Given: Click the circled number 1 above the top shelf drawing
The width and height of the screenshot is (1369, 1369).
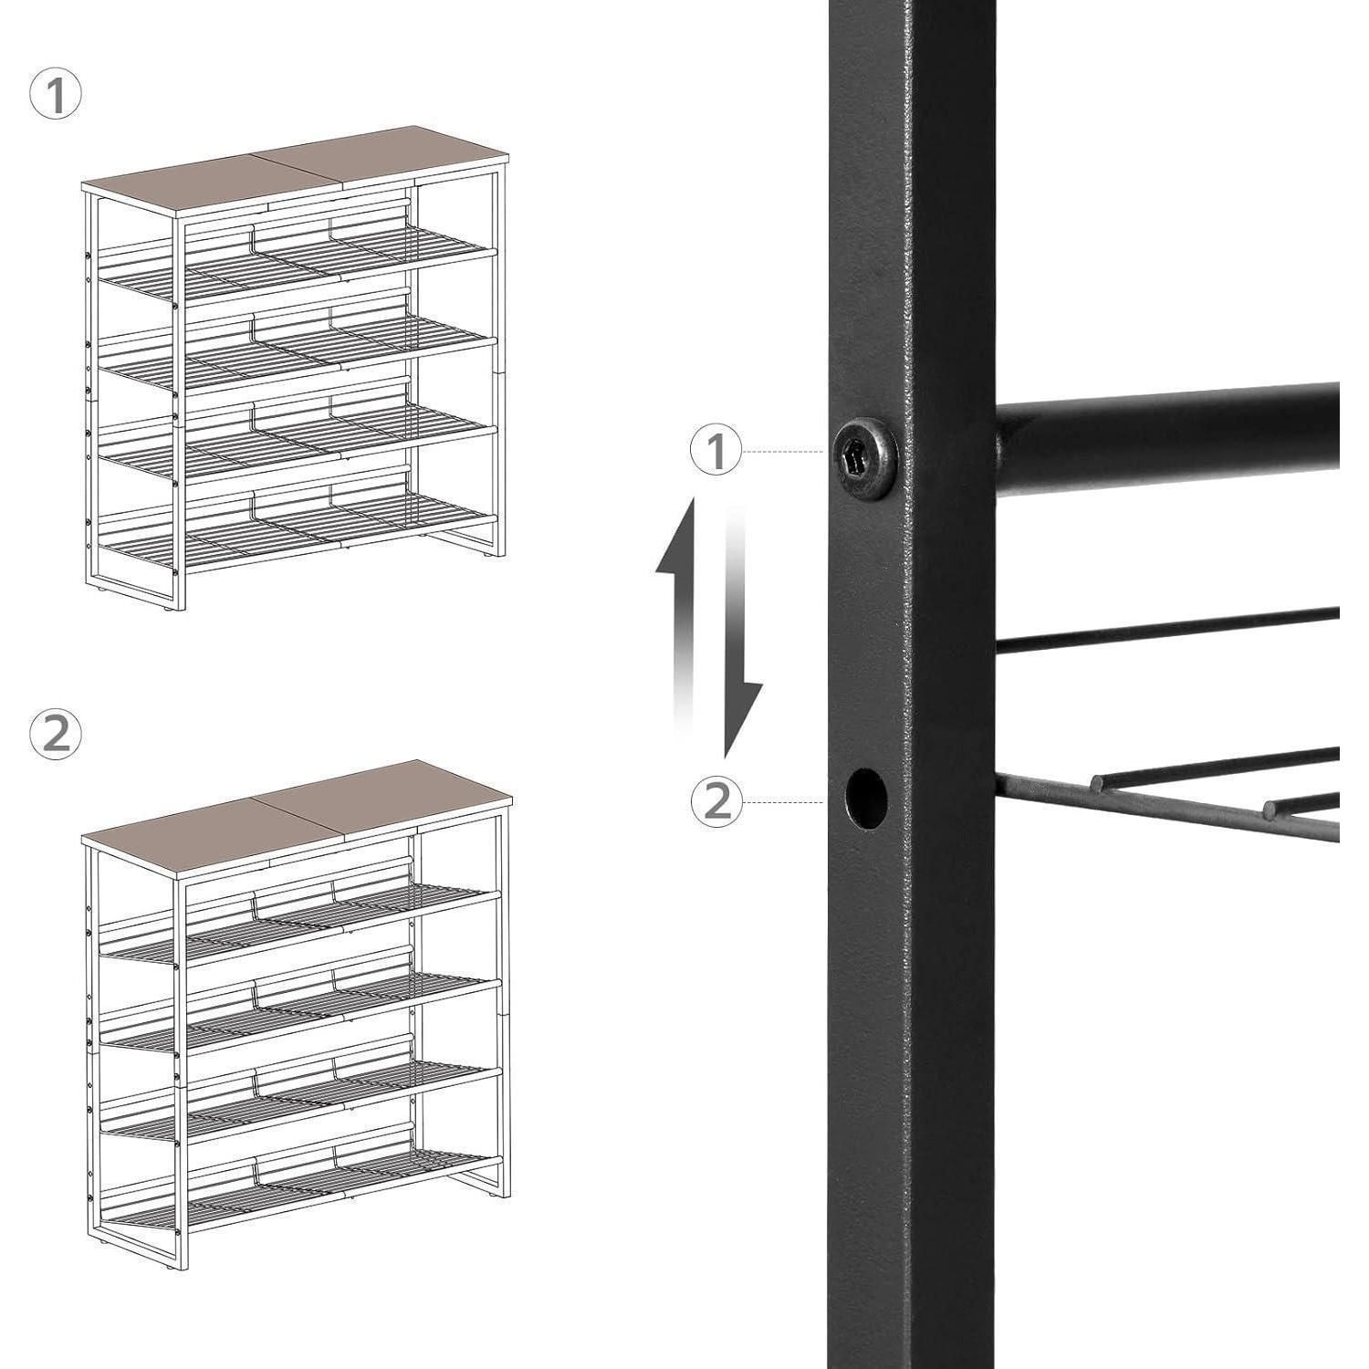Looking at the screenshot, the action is click(56, 96).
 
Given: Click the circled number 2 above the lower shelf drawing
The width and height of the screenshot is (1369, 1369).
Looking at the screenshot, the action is click(56, 734).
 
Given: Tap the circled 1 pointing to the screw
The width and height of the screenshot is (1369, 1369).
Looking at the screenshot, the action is click(716, 451).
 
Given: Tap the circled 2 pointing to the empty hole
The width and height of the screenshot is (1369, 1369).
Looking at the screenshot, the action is click(716, 801).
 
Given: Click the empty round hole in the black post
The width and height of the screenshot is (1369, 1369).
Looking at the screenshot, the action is click(866, 798).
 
